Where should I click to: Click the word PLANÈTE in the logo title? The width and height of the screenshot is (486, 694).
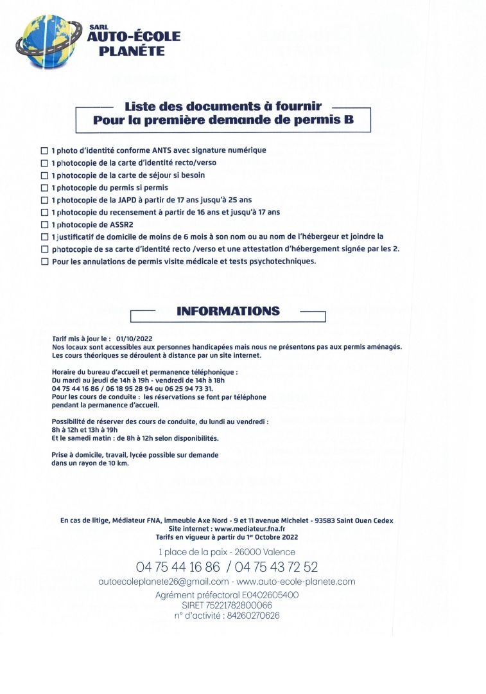[x=132, y=50]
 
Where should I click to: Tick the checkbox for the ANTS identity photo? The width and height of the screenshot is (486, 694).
[x=44, y=150]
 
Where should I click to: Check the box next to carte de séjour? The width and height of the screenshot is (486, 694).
[x=44, y=175]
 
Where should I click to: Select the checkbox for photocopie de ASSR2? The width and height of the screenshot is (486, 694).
[x=44, y=225]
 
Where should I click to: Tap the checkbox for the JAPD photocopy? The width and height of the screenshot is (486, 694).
[x=44, y=200]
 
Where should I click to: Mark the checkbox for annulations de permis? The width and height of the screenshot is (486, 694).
[x=44, y=262]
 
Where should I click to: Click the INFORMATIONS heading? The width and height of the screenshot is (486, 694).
[x=228, y=312]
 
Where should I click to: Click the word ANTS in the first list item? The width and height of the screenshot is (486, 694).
[x=152, y=150]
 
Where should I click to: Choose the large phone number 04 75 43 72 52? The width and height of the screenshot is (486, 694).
[x=277, y=567]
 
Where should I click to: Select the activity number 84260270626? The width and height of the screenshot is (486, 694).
[x=250, y=616]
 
